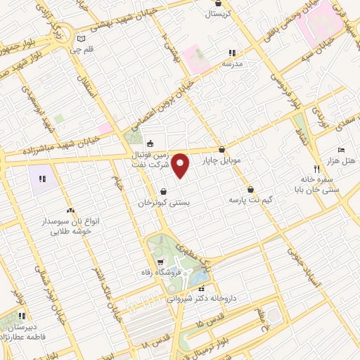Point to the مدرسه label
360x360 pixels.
pos(232,63)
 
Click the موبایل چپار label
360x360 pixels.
pos(221,160)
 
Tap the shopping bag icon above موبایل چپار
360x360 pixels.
pos(222,149)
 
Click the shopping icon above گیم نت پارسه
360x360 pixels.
pos(250,189)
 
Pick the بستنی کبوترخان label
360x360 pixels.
pos(163,202)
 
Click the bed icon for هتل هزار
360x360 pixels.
pos(341,150)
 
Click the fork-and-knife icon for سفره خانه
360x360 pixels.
pos(317,169)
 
